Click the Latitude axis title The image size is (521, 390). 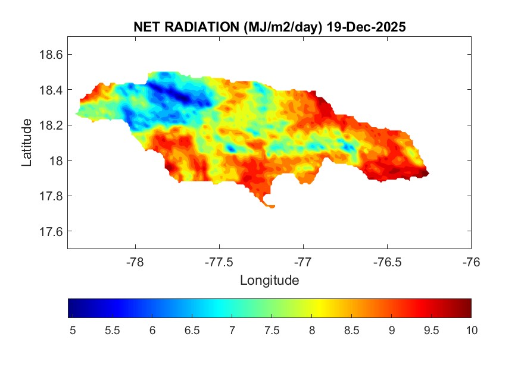click(27, 142)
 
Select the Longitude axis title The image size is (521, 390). click(269, 280)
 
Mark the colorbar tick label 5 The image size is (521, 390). click(73, 330)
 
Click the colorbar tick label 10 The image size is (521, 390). click(471, 330)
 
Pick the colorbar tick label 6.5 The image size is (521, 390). click(192, 330)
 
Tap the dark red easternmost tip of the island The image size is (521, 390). click(427, 174)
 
